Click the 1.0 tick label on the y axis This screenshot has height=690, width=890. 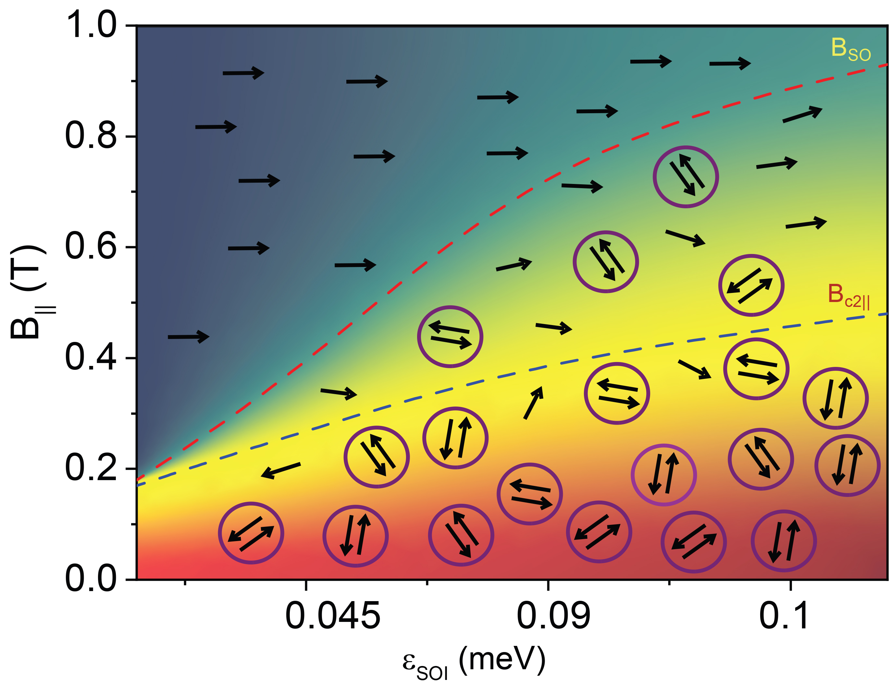pos(91,25)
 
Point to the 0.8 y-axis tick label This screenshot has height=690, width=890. pos(91,136)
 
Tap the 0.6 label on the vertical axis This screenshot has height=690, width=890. pos(91,247)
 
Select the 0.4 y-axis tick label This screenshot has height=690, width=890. pos(91,357)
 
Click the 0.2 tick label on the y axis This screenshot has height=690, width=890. pos(91,468)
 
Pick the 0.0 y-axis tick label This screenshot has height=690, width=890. pos(91,579)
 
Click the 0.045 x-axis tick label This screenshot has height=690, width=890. pos(332,616)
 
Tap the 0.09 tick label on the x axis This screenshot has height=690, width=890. pos(553,616)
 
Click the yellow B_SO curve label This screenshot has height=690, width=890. pos(850,50)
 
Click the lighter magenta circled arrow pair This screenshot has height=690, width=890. pos(663,475)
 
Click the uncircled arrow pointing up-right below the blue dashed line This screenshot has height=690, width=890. pos(533,403)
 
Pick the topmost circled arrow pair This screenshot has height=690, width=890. pos(686,177)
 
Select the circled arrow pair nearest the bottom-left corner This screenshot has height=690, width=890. pos(251,533)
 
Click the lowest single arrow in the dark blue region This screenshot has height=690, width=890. pos(188,337)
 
